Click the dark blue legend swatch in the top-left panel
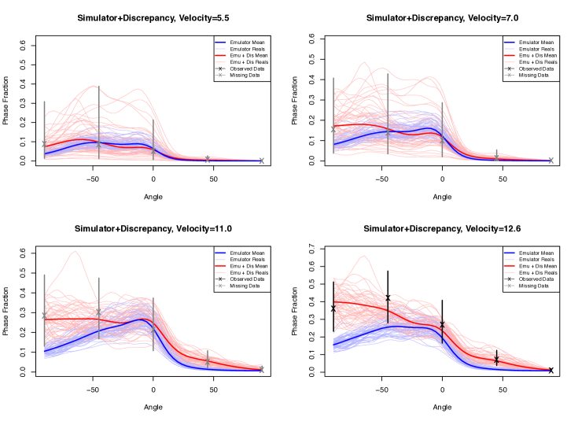click(x=220, y=43)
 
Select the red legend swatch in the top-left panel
click(x=220, y=56)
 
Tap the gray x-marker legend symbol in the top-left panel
click(x=220, y=76)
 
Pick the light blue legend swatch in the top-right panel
click(x=510, y=50)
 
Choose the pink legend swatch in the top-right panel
click(x=510, y=62)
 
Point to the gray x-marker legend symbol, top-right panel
click(x=510, y=76)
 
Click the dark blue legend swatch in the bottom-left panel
click(x=220, y=253)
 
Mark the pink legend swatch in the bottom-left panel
click(x=220, y=272)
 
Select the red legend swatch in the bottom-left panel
click(x=220, y=266)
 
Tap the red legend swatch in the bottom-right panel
click(x=510, y=266)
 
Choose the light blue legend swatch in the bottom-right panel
click(x=510, y=260)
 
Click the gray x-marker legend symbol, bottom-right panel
click(x=510, y=286)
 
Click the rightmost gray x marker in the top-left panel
click(x=261, y=161)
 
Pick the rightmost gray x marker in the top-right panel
click(x=550, y=161)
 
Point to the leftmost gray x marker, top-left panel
click(x=44, y=144)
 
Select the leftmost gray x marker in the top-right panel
click(x=333, y=130)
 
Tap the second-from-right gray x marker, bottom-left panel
click(x=208, y=360)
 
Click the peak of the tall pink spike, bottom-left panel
click(x=75, y=251)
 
